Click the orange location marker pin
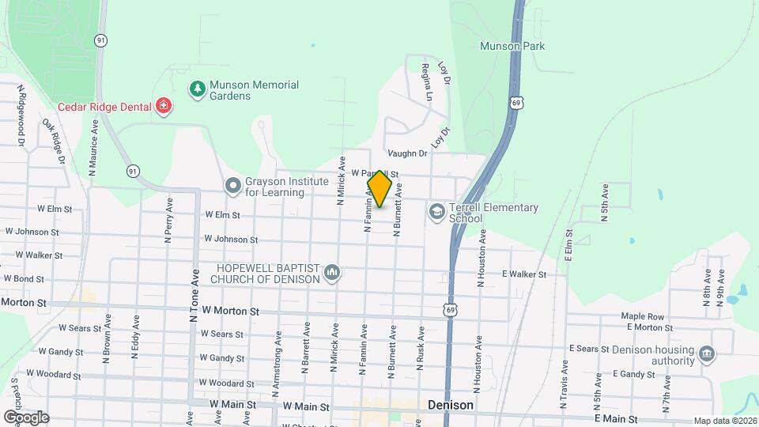point(379,188)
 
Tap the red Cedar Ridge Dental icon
point(164,105)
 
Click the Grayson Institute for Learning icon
point(232,186)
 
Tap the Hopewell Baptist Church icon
point(332,274)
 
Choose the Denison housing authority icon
point(707,352)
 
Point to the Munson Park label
point(512,46)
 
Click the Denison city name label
point(450,405)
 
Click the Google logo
point(26,417)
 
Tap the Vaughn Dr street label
point(408,153)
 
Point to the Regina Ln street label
point(427,82)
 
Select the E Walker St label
point(524,274)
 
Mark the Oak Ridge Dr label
point(54,140)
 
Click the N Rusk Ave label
point(421,348)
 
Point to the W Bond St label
point(24,278)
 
